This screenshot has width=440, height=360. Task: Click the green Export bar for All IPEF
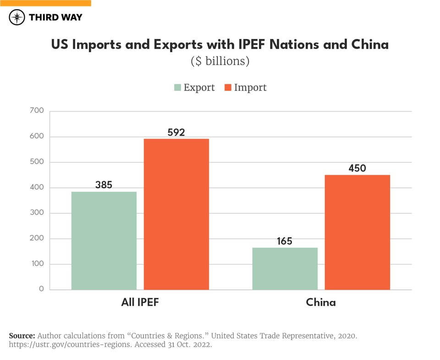pyautogui.click(x=104, y=240)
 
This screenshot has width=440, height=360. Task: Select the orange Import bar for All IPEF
pyautogui.click(x=176, y=214)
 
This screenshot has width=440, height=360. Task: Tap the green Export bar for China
pyautogui.click(x=285, y=268)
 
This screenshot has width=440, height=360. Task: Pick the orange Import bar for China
pyautogui.click(x=357, y=232)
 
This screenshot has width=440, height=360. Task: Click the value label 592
pyautogui.click(x=176, y=133)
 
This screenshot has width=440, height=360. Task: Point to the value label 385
pyautogui.click(x=104, y=185)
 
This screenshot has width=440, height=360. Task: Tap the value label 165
pyautogui.click(x=285, y=241)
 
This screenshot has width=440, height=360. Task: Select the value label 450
pyautogui.click(x=357, y=168)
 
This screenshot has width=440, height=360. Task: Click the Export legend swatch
pyautogui.click(x=177, y=88)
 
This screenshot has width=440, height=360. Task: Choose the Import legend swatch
pyautogui.click(x=228, y=88)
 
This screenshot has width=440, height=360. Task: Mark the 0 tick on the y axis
pyautogui.click(x=41, y=289)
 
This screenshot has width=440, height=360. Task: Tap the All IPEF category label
pyautogui.click(x=140, y=303)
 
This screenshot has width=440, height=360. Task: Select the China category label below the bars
pyautogui.click(x=321, y=303)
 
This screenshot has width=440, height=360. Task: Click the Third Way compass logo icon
pyautogui.click(x=17, y=17)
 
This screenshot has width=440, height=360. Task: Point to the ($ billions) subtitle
pyautogui.click(x=220, y=61)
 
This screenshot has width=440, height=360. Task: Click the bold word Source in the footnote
pyautogui.click(x=22, y=336)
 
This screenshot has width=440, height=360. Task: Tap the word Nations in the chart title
pyautogui.click(x=292, y=44)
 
